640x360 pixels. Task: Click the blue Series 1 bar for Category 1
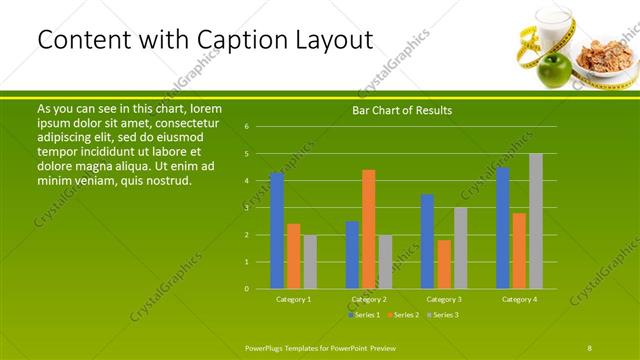pos(276,230)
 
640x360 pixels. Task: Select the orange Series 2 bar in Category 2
pos(369,229)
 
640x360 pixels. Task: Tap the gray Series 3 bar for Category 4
pos(536,221)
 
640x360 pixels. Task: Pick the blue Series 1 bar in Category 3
pos(427,241)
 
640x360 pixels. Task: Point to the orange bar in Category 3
pos(444,264)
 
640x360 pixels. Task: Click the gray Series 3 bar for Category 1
pos(310,262)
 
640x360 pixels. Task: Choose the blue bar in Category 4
pos(502,228)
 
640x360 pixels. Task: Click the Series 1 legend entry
pos(364,315)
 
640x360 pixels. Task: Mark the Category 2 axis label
pos(369,299)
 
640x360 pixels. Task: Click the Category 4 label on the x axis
pos(519,299)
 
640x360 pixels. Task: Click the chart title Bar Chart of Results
pos(402,110)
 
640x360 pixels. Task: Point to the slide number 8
pos(590,346)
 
